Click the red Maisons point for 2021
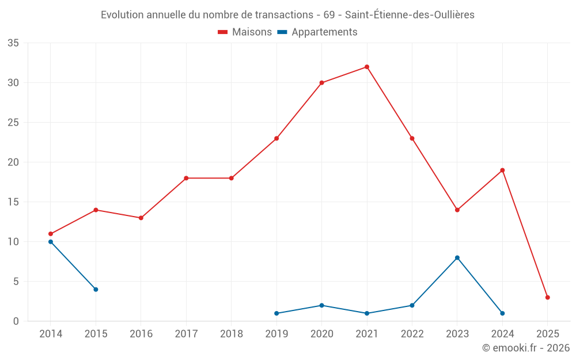click(367, 67)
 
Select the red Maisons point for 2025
click(548, 297)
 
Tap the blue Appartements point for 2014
click(51, 242)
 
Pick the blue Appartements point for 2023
click(457, 257)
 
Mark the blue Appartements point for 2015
click(96, 289)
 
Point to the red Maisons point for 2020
click(321, 83)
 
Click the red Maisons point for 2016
click(141, 218)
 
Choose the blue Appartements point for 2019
click(276, 313)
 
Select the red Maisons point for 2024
click(502, 170)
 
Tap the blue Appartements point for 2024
click(502, 313)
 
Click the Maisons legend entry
click(245, 32)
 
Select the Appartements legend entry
click(317, 32)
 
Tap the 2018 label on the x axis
click(231, 334)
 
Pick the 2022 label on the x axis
click(412, 334)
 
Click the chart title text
click(287, 14)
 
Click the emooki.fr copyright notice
click(525, 348)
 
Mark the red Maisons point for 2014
click(51, 234)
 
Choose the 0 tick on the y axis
click(16, 321)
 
